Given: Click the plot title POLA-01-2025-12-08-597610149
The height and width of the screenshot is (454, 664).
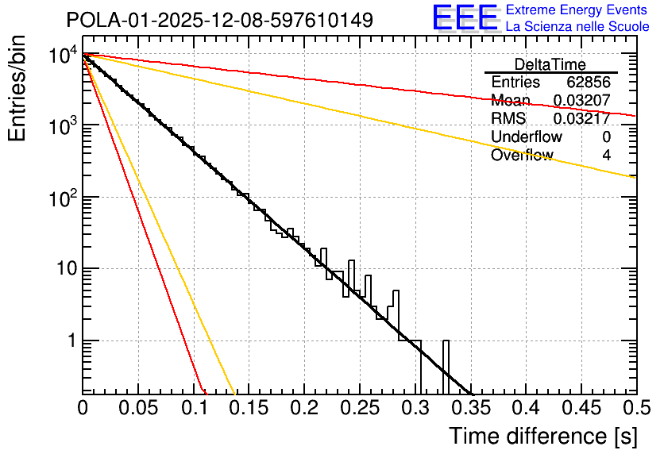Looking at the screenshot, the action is (220, 20).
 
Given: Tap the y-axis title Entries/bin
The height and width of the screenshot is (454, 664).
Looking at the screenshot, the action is (17, 89).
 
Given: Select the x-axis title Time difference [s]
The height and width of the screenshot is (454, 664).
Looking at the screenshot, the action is (543, 436).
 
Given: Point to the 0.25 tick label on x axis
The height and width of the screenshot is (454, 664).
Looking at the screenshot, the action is (360, 408).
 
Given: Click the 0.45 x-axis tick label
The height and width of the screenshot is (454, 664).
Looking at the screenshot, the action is (582, 408).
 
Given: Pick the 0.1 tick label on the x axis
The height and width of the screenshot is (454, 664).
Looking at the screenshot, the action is (195, 408).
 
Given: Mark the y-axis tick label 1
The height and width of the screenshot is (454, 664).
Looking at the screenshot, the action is (72, 340).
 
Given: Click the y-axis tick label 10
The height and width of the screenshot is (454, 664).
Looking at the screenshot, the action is (68, 268).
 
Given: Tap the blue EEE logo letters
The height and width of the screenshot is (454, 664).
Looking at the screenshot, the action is (465, 17).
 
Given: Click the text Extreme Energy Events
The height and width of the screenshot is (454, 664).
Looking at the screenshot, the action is (577, 10).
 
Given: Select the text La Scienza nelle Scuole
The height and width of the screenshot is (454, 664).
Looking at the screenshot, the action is (577, 26).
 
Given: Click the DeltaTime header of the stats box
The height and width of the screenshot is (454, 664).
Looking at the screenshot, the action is (550, 65).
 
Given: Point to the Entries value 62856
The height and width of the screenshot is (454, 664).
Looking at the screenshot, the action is (589, 82).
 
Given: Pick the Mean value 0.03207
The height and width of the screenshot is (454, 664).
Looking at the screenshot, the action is (582, 100).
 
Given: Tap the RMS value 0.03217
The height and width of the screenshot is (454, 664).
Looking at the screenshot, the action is (582, 118).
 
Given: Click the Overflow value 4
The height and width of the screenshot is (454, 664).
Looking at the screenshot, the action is (606, 155).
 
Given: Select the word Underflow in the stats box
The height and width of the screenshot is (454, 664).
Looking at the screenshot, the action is (527, 137).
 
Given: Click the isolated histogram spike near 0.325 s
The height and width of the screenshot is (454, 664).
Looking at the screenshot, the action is (446, 367).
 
